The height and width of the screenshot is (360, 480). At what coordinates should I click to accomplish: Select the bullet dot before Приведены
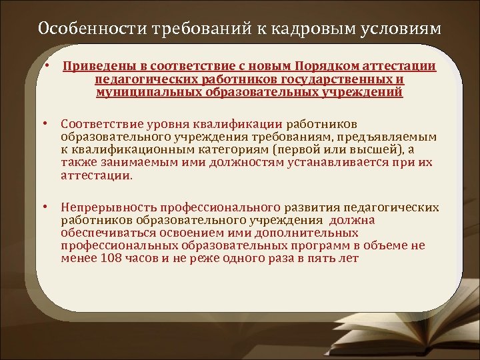[x=49, y=66]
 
